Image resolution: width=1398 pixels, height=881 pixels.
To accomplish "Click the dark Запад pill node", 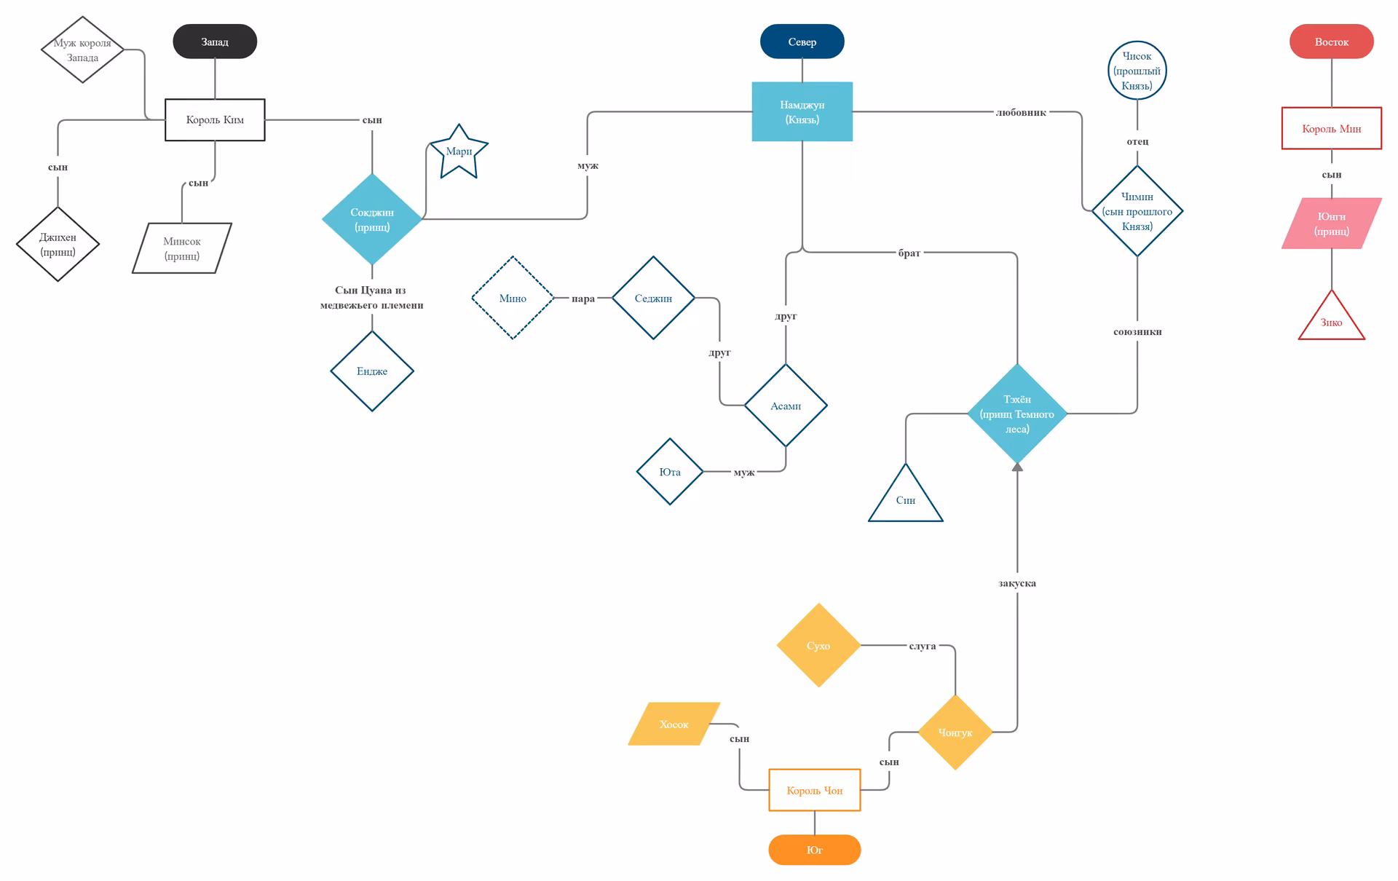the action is coord(215,42).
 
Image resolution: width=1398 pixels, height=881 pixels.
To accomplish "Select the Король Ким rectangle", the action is coord(215,119).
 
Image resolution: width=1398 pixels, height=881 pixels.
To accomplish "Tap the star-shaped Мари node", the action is coord(459,152).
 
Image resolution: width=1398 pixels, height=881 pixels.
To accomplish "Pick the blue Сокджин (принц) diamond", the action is coord(372,218).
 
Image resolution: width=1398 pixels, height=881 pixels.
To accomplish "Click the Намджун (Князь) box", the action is coord(802,111).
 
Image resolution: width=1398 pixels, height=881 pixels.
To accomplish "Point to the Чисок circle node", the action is coord(1137,71).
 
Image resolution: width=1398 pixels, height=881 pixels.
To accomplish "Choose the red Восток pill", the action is coord(1331,42).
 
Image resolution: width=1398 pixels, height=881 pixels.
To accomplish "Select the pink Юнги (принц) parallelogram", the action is coord(1331,224).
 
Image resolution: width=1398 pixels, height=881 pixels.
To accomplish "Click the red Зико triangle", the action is coord(1331,317).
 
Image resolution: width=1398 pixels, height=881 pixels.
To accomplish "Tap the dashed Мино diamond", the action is coord(513,298).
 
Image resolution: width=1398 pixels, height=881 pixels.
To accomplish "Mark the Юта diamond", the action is coord(670,472).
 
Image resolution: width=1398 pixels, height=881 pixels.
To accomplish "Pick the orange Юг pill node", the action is coord(814,850).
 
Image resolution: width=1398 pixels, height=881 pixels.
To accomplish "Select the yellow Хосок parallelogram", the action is coord(674,724).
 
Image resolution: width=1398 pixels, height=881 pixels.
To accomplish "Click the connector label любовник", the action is coord(1021,112).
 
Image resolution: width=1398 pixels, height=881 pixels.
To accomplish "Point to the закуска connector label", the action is coord(1017,583).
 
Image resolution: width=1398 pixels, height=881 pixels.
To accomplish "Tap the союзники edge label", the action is coord(1137,331).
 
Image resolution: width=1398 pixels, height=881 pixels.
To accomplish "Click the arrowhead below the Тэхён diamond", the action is coord(1017,467).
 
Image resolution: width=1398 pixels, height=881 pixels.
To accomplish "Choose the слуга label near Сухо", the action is coord(923,646).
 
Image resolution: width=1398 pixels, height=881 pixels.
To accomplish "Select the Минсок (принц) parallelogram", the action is coord(181,248).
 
